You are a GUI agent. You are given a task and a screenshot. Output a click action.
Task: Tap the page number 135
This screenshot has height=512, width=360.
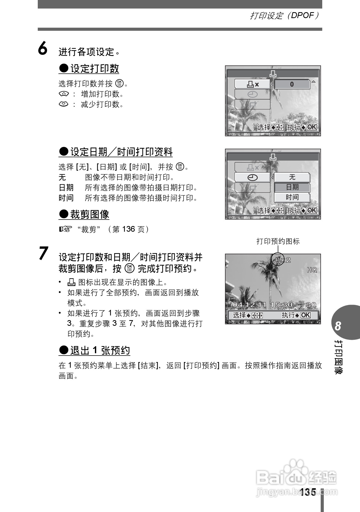tap(308, 492)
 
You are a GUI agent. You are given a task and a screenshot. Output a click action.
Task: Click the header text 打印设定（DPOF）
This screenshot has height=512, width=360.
tap(284, 16)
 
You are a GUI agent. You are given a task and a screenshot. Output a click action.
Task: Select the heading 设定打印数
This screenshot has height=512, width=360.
tap(89, 69)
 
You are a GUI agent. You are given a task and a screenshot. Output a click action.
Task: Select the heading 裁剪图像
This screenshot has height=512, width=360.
tap(84, 214)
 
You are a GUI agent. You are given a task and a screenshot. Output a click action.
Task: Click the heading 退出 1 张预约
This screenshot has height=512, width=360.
tap(94, 350)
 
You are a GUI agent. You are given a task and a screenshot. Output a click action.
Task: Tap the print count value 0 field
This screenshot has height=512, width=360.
tap(292, 84)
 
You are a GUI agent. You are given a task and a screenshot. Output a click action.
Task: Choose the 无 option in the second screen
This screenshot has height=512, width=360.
tap(292, 177)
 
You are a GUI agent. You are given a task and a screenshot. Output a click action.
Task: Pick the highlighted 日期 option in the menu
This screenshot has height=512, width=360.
tap(292, 187)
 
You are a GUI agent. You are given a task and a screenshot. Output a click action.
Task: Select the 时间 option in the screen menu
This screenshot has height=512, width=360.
tap(292, 197)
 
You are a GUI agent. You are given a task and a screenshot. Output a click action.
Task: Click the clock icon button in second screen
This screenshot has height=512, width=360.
tap(252, 177)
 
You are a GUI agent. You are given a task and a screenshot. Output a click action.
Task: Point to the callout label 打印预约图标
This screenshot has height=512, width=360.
tap(278, 241)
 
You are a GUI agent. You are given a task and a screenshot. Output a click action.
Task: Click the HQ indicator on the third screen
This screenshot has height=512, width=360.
tap(312, 270)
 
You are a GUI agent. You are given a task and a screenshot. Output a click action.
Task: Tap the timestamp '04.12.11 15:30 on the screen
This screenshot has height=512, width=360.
tap(262, 305)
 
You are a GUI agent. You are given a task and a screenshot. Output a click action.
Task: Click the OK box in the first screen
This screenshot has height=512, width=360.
tap(312, 127)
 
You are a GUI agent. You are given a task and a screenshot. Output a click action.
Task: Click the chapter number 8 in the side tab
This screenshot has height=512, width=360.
tap(338, 326)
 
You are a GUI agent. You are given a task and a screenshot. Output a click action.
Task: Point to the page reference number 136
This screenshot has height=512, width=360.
tap(128, 229)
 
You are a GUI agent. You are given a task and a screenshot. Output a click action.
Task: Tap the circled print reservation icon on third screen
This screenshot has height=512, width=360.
tap(278, 260)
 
